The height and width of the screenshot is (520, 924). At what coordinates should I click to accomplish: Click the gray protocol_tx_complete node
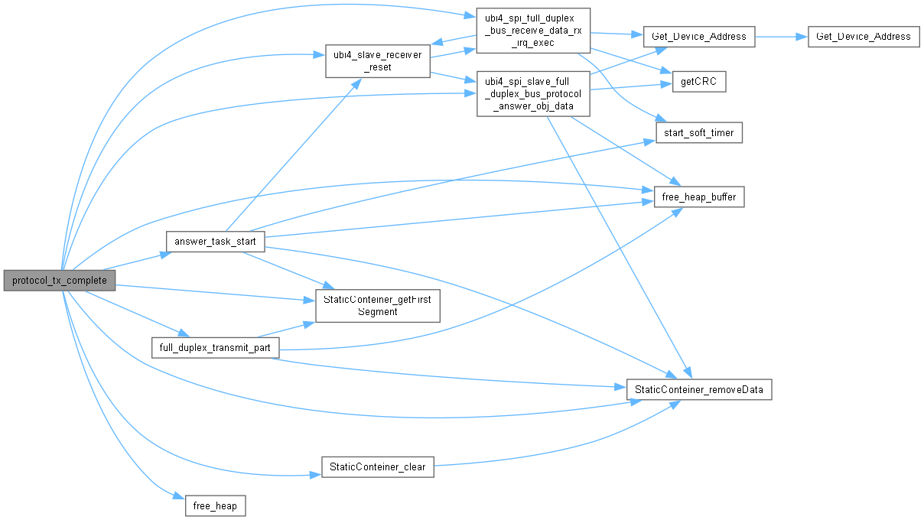click(60, 281)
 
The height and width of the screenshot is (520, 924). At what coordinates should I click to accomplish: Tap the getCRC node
click(699, 82)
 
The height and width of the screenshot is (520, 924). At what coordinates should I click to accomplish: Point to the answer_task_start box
click(215, 241)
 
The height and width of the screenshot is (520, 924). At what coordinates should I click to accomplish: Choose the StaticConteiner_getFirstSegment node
click(377, 306)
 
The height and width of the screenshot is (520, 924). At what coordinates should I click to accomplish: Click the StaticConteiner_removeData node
click(699, 388)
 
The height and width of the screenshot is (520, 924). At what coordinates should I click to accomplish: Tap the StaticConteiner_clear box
click(377, 466)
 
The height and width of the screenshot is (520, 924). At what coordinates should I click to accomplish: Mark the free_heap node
click(216, 505)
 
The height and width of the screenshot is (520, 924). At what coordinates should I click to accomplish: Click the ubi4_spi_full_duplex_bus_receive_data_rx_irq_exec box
click(533, 31)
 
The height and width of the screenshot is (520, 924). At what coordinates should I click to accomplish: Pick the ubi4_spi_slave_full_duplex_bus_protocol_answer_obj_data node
click(533, 94)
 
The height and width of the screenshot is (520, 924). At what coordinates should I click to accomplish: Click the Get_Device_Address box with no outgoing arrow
click(863, 36)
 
